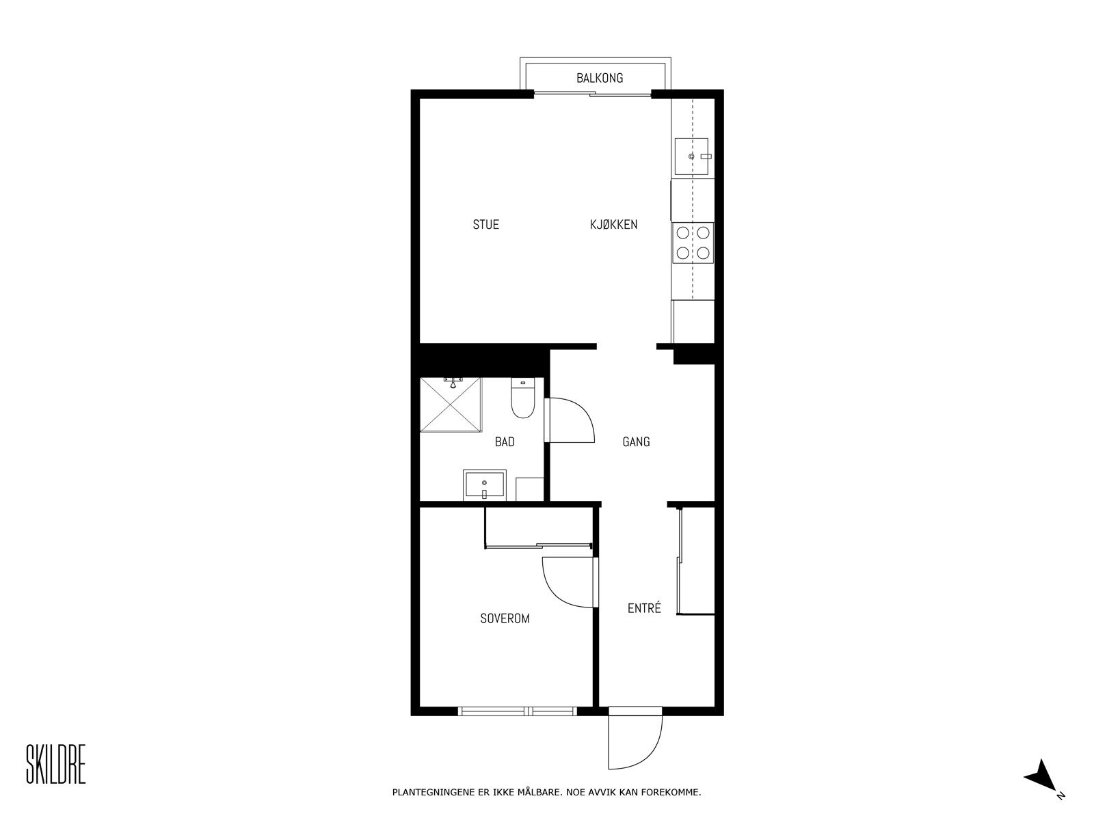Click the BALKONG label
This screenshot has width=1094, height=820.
[x=600, y=78]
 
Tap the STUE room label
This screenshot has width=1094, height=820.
[x=485, y=224]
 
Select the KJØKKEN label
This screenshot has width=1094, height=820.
[x=613, y=224]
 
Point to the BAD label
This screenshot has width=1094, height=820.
[x=505, y=442]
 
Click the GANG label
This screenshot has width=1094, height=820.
[x=636, y=442]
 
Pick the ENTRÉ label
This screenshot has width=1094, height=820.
[x=644, y=608]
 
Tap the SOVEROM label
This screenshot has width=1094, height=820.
[x=505, y=618]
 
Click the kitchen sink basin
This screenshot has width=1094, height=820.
[x=691, y=156]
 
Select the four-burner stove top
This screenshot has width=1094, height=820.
[x=693, y=243]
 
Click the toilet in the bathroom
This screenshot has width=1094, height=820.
[x=523, y=401]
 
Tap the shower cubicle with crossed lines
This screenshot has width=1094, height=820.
[x=451, y=405]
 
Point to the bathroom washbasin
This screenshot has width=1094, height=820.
[x=484, y=486]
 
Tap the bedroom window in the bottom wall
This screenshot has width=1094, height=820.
[x=518, y=711]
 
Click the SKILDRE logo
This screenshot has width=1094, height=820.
[x=55, y=765]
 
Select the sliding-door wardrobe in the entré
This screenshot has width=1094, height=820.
[x=696, y=560]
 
